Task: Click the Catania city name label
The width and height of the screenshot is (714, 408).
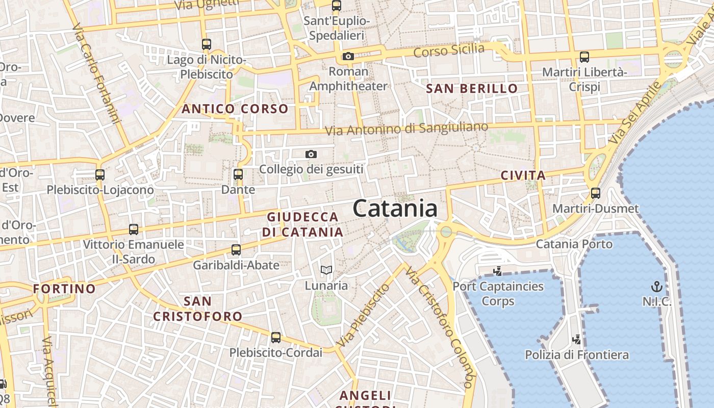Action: tap(395, 209)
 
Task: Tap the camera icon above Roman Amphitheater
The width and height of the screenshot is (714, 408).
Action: tap(348, 56)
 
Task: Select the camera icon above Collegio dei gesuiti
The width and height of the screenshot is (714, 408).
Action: tap(311, 154)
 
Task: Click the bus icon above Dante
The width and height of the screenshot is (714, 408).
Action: tap(238, 174)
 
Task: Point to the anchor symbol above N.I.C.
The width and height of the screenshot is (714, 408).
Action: tap(657, 286)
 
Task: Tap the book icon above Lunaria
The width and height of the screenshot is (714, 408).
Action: tap(326, 270)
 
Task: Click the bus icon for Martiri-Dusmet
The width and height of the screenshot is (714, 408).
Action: tap(595, 193)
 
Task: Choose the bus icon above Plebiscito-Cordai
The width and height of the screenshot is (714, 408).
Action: tap(276, 337)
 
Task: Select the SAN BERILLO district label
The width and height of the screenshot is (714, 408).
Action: tap(472, 89)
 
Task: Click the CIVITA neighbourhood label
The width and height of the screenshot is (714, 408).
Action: tap(523, 176)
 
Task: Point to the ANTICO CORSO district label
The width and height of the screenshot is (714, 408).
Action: tap(235, 109)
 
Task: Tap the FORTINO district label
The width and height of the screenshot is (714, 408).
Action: tap(64, 289)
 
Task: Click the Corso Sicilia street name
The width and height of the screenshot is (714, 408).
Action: tap(449, 50)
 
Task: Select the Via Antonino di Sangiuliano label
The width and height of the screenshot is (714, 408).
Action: tap(406, 128)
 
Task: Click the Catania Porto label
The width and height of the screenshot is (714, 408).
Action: tap(574, 244)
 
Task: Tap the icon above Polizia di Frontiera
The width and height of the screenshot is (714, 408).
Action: tap(576, 339)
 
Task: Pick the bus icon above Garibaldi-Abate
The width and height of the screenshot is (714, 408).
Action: tap(236, 249)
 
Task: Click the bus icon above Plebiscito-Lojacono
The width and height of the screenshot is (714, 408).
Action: tap(100, 174)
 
